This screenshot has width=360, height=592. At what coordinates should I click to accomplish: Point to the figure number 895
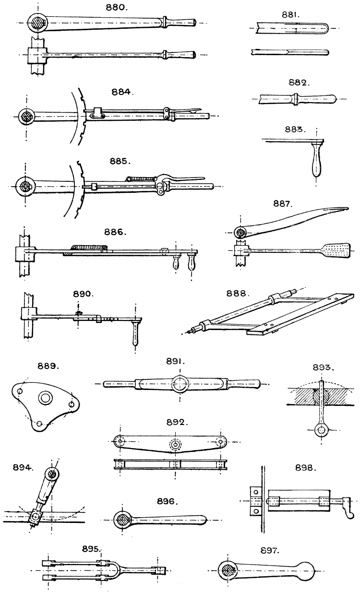click(91, 548)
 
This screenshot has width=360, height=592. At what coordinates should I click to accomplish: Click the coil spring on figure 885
click(143, 178)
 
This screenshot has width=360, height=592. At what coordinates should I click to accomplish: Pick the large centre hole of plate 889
click(46, 397)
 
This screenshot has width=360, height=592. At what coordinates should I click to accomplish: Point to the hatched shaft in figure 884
click(26, 117)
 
